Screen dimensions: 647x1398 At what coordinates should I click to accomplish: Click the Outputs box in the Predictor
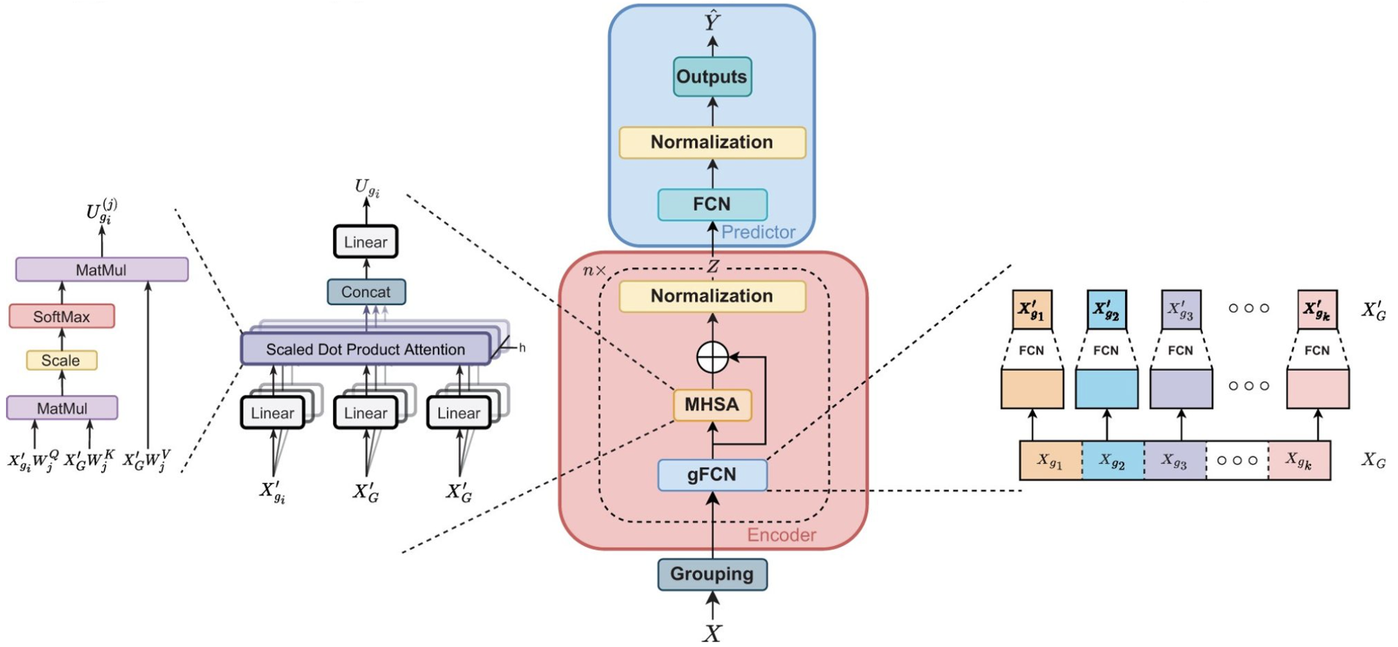point(712,77)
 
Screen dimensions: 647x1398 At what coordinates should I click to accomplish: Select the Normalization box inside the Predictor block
point(712,142)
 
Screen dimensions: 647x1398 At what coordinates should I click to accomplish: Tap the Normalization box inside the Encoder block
point(712,296)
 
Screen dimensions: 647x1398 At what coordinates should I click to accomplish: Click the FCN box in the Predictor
point(712,204)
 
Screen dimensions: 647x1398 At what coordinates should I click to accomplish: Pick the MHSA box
point(712,404)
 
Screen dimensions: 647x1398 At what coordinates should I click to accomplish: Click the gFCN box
point(712,475)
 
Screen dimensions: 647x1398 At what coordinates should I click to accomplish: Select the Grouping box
point(712,574)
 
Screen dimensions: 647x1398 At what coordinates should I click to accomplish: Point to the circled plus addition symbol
point(712,358)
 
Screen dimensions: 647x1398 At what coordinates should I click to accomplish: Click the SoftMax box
point(62,317)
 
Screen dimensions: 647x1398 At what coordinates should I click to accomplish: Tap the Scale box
point(62,361)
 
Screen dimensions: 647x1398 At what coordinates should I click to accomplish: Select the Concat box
point(366,292)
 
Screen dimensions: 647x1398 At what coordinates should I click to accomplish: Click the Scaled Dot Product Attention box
point(365,349)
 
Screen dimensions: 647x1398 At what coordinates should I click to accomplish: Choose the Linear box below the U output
point(366,242)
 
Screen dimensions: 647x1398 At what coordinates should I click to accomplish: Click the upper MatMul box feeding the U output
point(102,270)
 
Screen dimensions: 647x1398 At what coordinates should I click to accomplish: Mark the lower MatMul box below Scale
point(62,408)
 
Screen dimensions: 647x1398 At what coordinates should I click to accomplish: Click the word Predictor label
point(758,232)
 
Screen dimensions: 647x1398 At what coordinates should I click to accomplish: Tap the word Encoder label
point(781,535)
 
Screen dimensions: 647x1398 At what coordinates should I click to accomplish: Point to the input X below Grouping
point(712,633)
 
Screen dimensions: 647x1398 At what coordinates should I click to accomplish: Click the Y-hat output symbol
point(712,22)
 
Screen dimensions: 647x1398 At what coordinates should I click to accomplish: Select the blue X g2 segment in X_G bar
point(1112,461)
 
